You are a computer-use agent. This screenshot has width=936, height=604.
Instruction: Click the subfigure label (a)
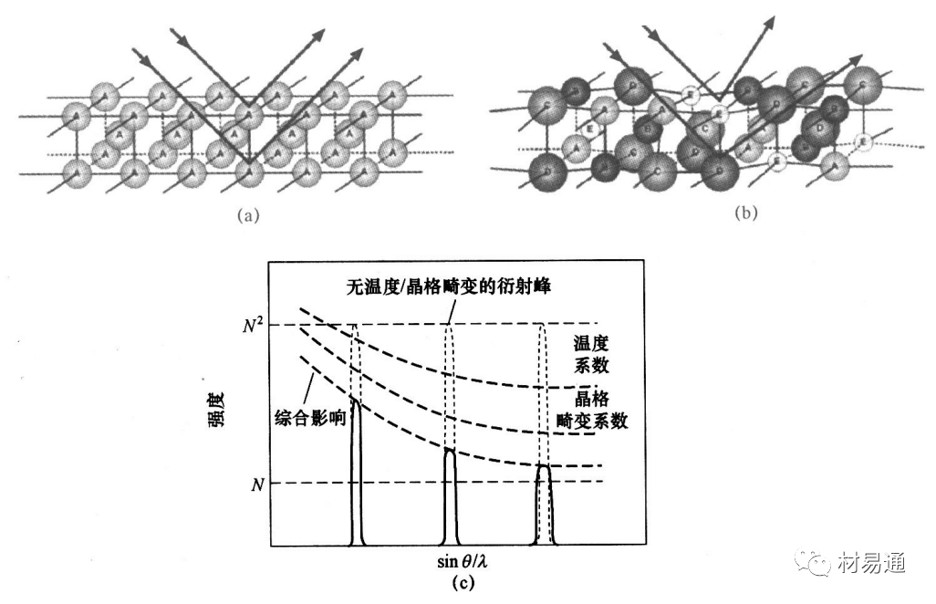coord(248,216)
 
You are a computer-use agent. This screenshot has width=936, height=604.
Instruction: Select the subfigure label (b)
coord(744,215)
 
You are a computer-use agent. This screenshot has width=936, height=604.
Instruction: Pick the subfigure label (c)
coord(468,582)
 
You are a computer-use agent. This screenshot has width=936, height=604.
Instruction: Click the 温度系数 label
coord(591,355)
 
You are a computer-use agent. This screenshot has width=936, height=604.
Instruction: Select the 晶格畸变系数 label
coord(591,412)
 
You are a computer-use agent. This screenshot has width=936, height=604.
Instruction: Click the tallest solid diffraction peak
coord(357,474)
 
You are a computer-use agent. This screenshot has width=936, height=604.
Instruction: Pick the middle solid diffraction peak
coord(449,497)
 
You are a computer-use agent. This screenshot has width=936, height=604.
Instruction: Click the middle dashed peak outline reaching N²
coord(449,383)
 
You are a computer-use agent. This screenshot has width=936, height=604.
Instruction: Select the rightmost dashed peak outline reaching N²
coord(543,392)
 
